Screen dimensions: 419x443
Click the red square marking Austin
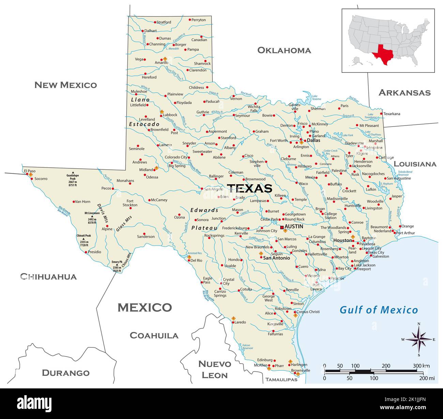(282, 227)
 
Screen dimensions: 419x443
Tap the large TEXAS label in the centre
(249, 188)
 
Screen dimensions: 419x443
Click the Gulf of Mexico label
(379, 310)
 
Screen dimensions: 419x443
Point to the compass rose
(418, 339)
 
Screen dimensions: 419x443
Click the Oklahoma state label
(284, 50)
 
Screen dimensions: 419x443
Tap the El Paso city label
(29, 171)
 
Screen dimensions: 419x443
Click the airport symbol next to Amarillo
(165, 58)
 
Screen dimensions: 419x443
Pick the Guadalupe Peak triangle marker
(73, 173)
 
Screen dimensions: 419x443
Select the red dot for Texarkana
(381, 114)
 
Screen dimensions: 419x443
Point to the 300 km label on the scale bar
(421, 366)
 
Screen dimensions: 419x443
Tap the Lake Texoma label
(316, 97)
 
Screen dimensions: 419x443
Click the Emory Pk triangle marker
(117, 265)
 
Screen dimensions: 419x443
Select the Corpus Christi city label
(308, 312)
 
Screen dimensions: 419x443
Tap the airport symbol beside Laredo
(233, 318)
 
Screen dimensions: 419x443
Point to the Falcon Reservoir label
(247, 347)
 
